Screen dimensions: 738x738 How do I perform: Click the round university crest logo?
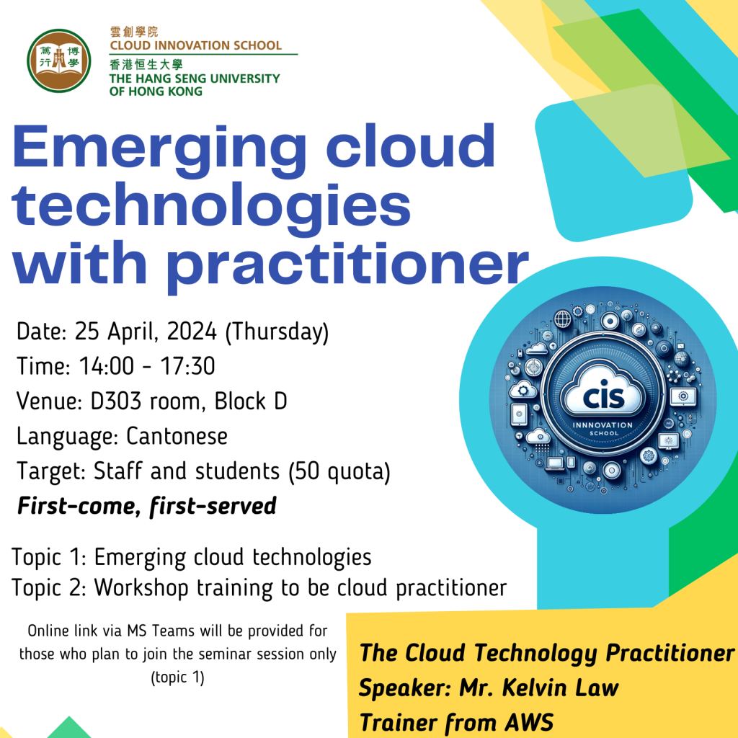(59, 61)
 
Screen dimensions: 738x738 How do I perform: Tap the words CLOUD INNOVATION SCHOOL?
(196, 45)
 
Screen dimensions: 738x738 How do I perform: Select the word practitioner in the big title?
(348, 265)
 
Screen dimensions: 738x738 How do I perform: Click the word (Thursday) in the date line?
(277, 332)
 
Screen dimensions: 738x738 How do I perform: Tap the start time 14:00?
(107, 366)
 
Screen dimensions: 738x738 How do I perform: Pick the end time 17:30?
(188, 366)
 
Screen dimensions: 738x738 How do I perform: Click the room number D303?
(116, 401)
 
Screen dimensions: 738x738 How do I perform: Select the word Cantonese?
(177, 436)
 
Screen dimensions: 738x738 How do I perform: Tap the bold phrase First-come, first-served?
(146, 507)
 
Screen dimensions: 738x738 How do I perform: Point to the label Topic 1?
(49, 558)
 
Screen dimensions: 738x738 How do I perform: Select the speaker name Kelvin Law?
(561, 688)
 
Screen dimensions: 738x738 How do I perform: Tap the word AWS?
(529, 722)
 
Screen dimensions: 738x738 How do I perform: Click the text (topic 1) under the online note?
(178, 677)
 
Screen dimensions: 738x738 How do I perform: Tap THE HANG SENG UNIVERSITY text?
(195, 79)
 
